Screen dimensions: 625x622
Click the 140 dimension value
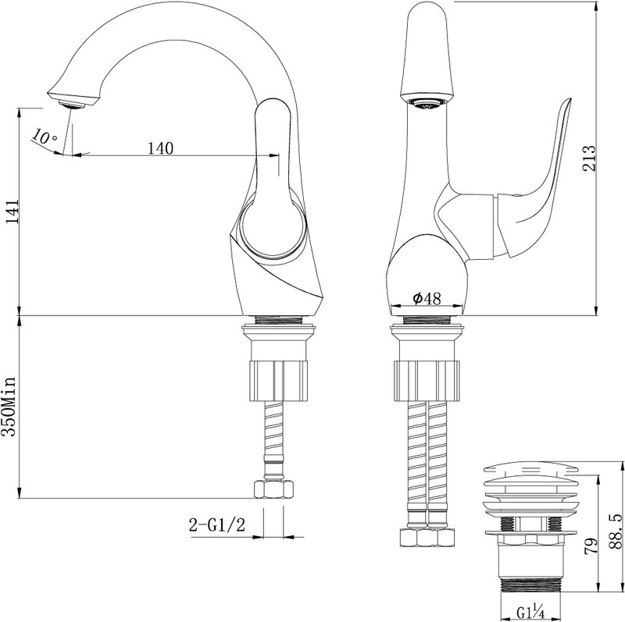[x=161, y=148]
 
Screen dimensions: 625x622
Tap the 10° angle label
[x=45, y=137]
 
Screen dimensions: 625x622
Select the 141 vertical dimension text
[x=12, y=211]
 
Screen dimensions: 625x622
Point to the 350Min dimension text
[x=9, y=406]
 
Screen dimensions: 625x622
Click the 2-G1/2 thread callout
[x=217, y=525]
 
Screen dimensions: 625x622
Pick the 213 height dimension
[x=589, y=158]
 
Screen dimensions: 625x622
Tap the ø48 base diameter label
[x=427, y=298]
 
